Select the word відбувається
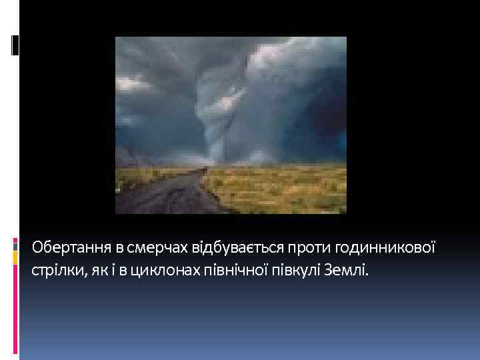click(227, 249)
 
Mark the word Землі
click(343, 271)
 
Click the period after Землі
click(366, 276)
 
